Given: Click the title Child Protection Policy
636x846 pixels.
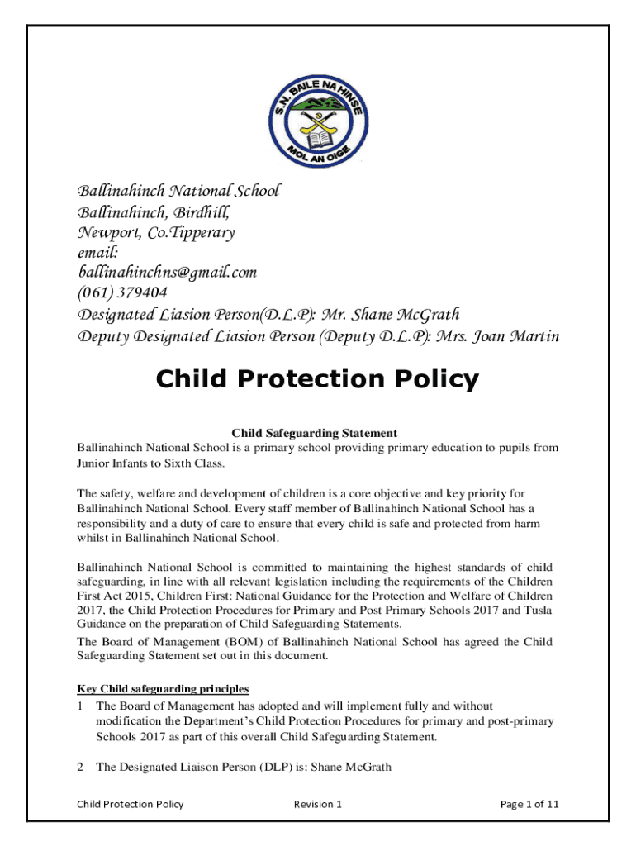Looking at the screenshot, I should (318, 379).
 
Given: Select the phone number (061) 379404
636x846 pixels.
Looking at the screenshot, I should (123, 292).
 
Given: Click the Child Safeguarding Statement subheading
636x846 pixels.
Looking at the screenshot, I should (314, 433).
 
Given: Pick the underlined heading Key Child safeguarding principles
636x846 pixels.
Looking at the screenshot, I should (163, 688).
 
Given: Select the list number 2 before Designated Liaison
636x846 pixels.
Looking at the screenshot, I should (80, 767).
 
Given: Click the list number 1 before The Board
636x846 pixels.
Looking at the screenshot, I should (80, 706).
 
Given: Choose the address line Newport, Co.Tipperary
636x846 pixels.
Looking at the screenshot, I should (156, 232).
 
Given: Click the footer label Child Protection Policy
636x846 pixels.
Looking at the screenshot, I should (130, 804).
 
